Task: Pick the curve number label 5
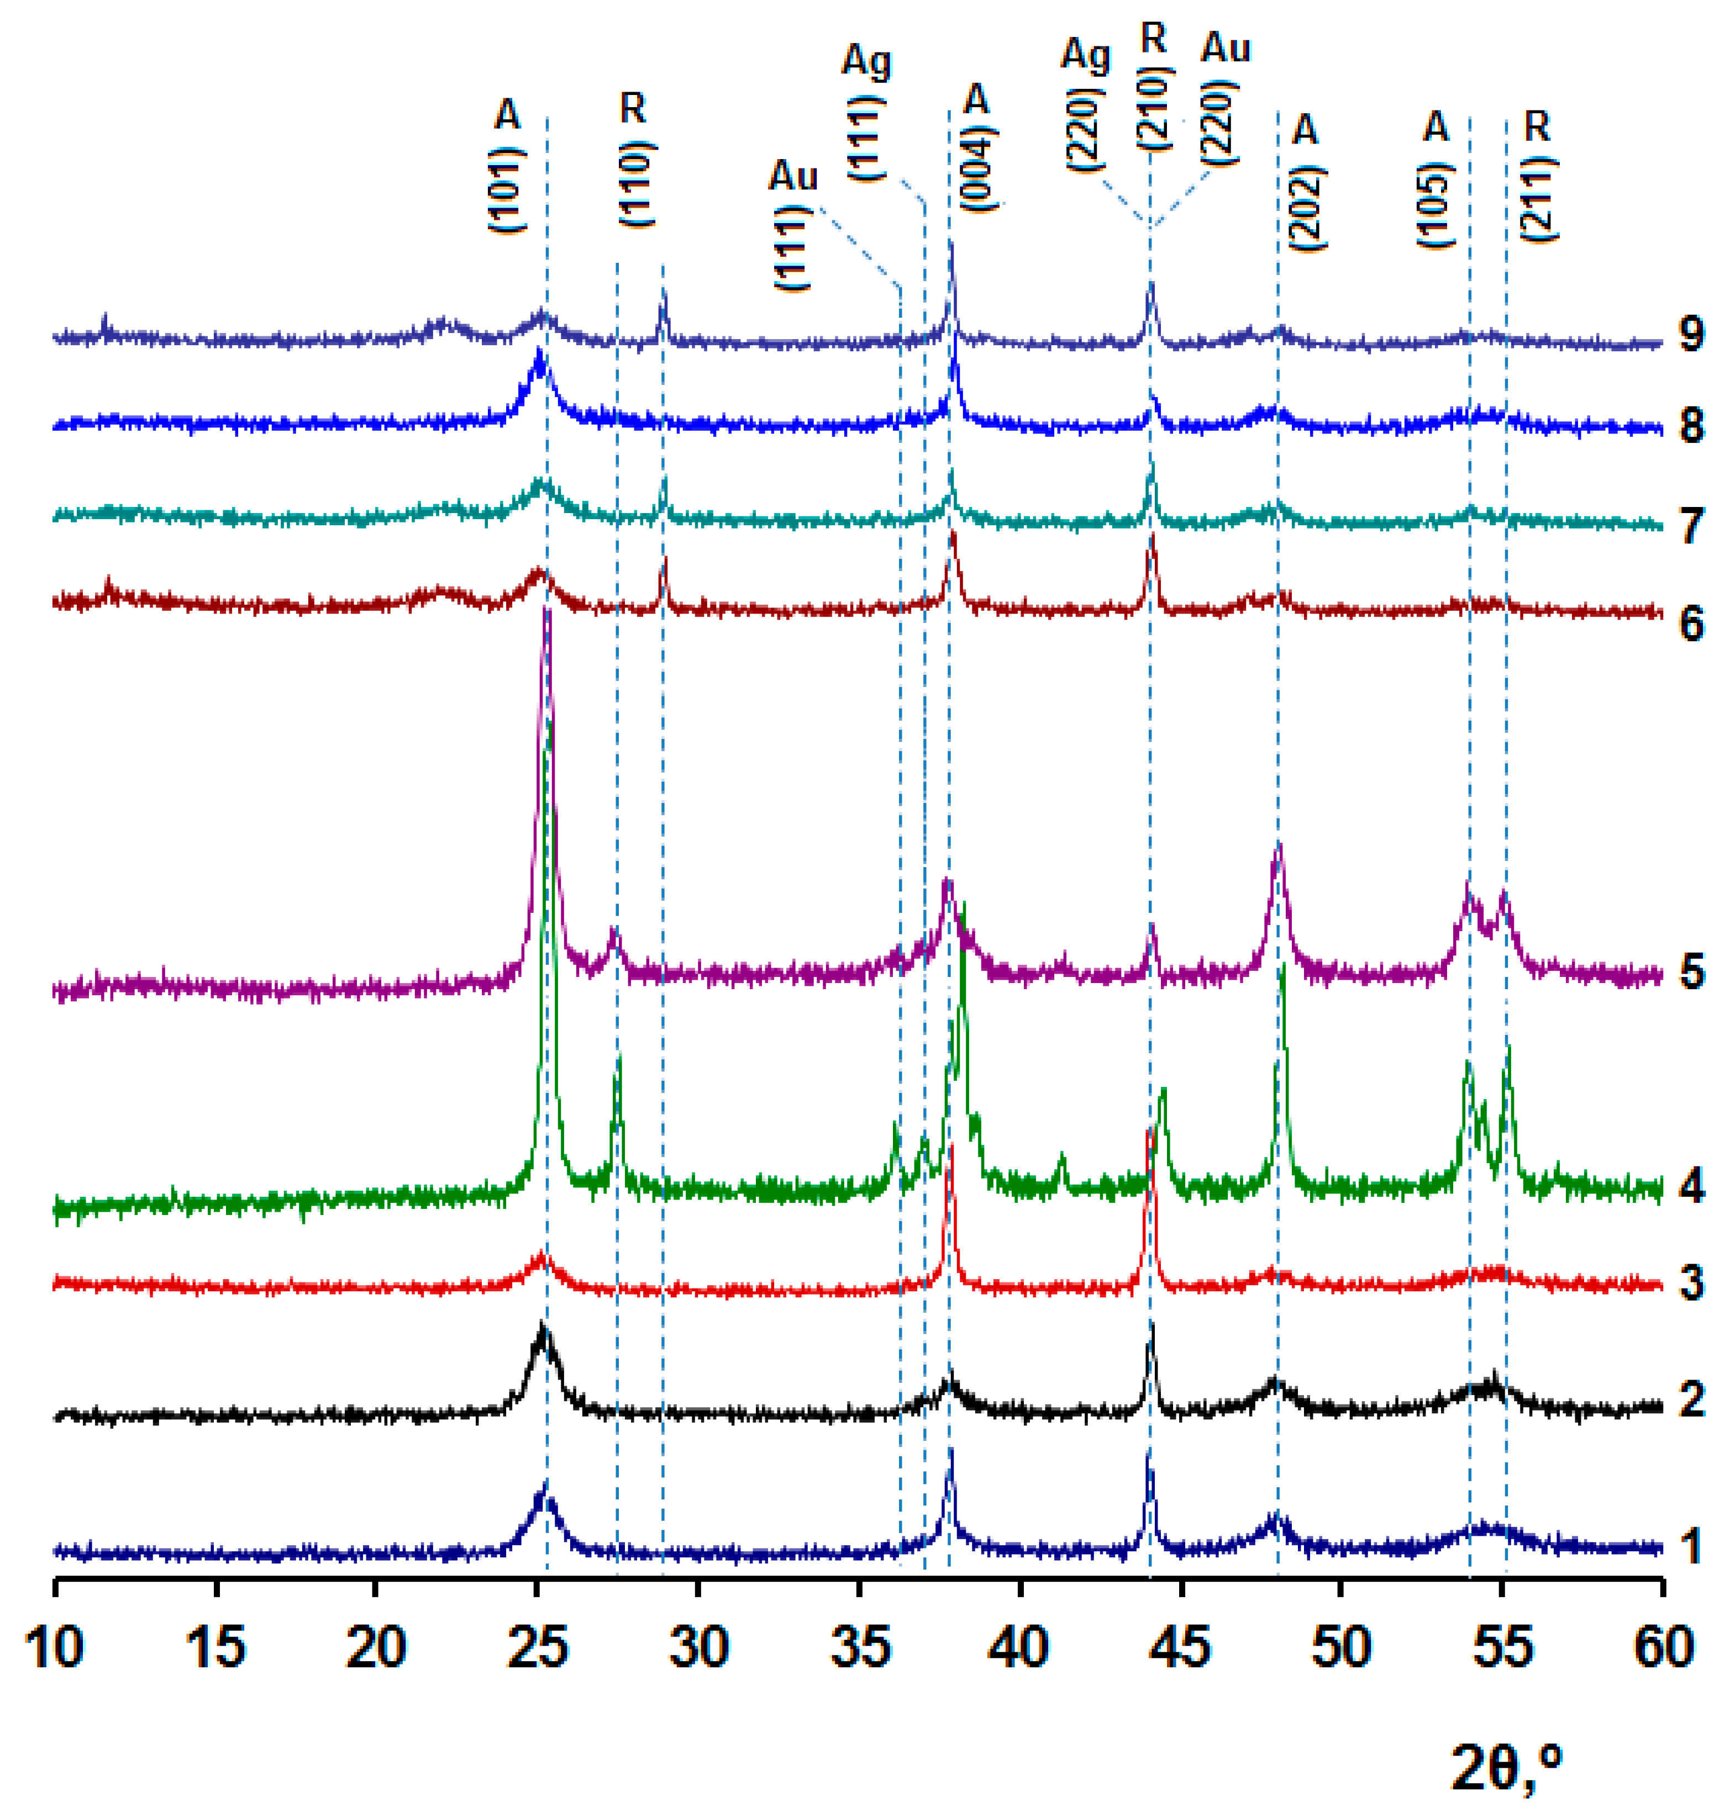coord(1690,974)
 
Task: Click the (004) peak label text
coord(977,171)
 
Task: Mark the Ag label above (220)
coord(1085,57)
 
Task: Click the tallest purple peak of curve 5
coord(547,616)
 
